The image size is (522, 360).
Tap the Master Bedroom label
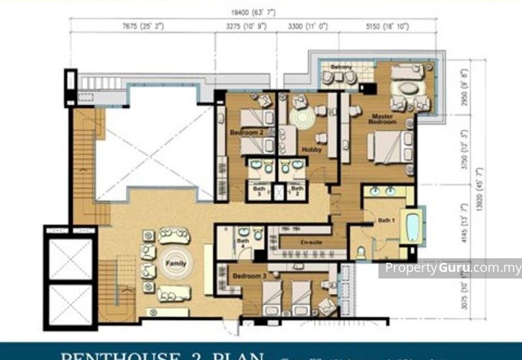(382, 119)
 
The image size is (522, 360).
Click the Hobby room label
(311, 149)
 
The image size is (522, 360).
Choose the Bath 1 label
(386, 221)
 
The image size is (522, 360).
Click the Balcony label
(341, 67)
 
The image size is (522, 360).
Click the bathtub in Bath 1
(414, 226)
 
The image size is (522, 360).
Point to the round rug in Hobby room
(301, 119)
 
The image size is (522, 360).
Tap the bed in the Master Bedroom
(390, 145)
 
